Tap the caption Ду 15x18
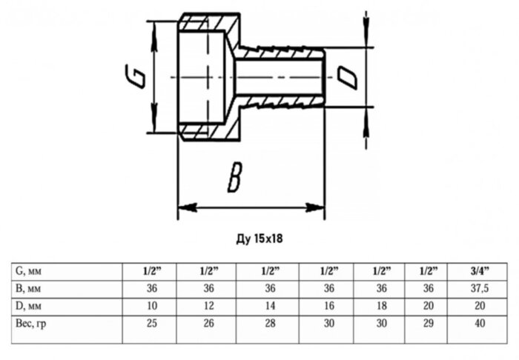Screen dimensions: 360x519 click(x=259, y=239)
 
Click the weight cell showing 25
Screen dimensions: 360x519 click(x=151, y=324)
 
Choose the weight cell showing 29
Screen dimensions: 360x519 click(x=429, y=324)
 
